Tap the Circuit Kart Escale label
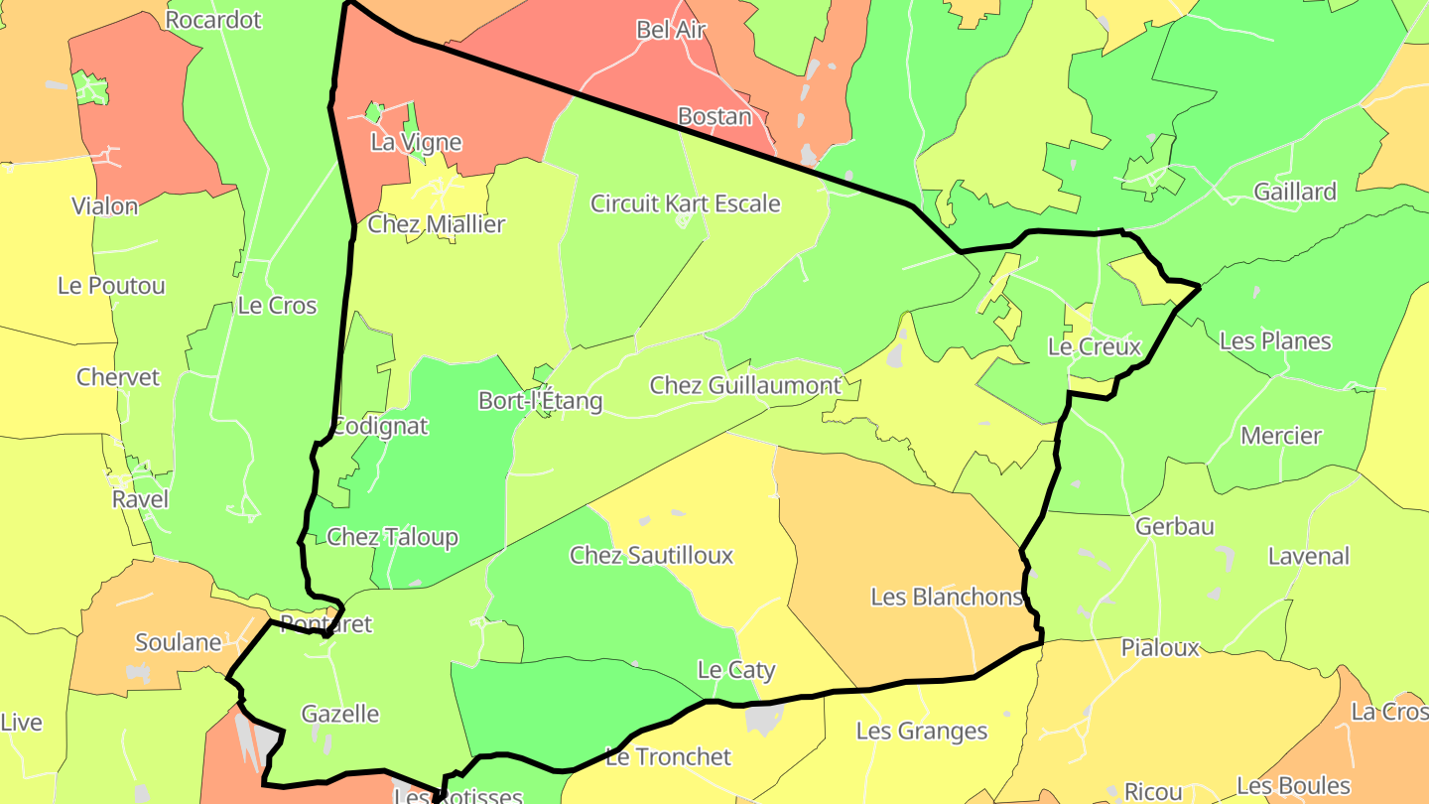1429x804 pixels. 685,203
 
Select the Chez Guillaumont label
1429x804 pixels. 745,385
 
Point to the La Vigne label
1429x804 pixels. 416,142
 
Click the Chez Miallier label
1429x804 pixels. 437,224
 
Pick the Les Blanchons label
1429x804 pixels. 946,597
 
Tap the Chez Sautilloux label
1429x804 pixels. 651,555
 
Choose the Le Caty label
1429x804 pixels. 736,670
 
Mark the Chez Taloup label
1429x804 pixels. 392,537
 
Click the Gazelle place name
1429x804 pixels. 340,714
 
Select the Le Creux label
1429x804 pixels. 1095,346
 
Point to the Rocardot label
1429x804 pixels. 213,20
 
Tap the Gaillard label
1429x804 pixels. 1295,192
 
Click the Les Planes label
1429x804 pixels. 1275,341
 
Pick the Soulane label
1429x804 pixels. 179,642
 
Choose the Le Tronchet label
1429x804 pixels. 668,756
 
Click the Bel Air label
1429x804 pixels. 671,30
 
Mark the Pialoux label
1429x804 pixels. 1160,648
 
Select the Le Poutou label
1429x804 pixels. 111,286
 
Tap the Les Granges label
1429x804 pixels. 922,732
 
